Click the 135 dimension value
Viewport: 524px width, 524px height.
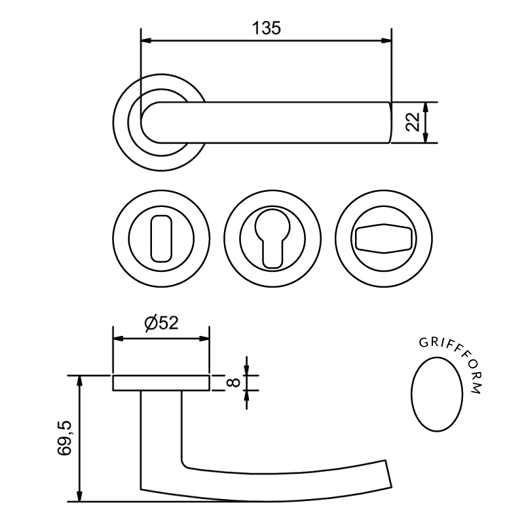[x=266, y=28]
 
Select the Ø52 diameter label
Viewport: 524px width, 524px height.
[x=160, y=323]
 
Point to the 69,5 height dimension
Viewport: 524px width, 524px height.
[x=64, y=440]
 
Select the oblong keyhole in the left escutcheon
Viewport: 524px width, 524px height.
[x=160, y=239]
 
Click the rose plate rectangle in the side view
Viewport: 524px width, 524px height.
[x=161, y=383]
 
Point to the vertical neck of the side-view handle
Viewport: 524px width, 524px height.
[x=160, y=432]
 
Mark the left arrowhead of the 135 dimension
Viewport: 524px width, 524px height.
[x=145, y=41]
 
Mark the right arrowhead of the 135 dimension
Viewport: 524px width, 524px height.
[x=387, y=41]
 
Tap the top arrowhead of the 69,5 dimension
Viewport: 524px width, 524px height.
[x=80, y=380]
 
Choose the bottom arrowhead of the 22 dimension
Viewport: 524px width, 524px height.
[x=426, y=139]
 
